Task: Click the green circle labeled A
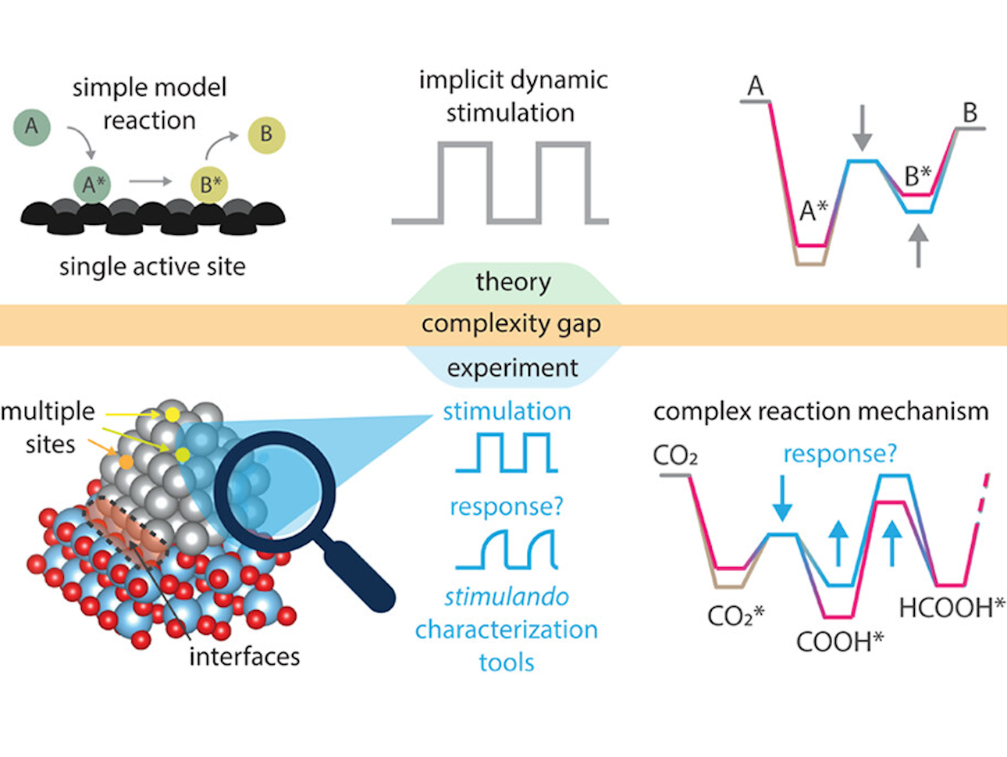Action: [31, 127]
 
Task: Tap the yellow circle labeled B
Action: [266, 134]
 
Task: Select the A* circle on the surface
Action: [92, 184]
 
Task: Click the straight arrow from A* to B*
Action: [151, 181]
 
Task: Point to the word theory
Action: [513, 282]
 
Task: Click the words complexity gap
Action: [511, 324]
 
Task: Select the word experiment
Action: [513, 368]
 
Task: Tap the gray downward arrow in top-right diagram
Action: [862, 129]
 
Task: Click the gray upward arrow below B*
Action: [919, 244]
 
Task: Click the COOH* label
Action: [840, 642]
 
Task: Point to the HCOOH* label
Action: [952, 607]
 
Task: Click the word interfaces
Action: [244, 656]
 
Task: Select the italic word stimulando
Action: [507, 597]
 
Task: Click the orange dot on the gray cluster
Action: [126, 462]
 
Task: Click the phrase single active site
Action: [152, 267]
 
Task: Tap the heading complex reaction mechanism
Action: [820, 412]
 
